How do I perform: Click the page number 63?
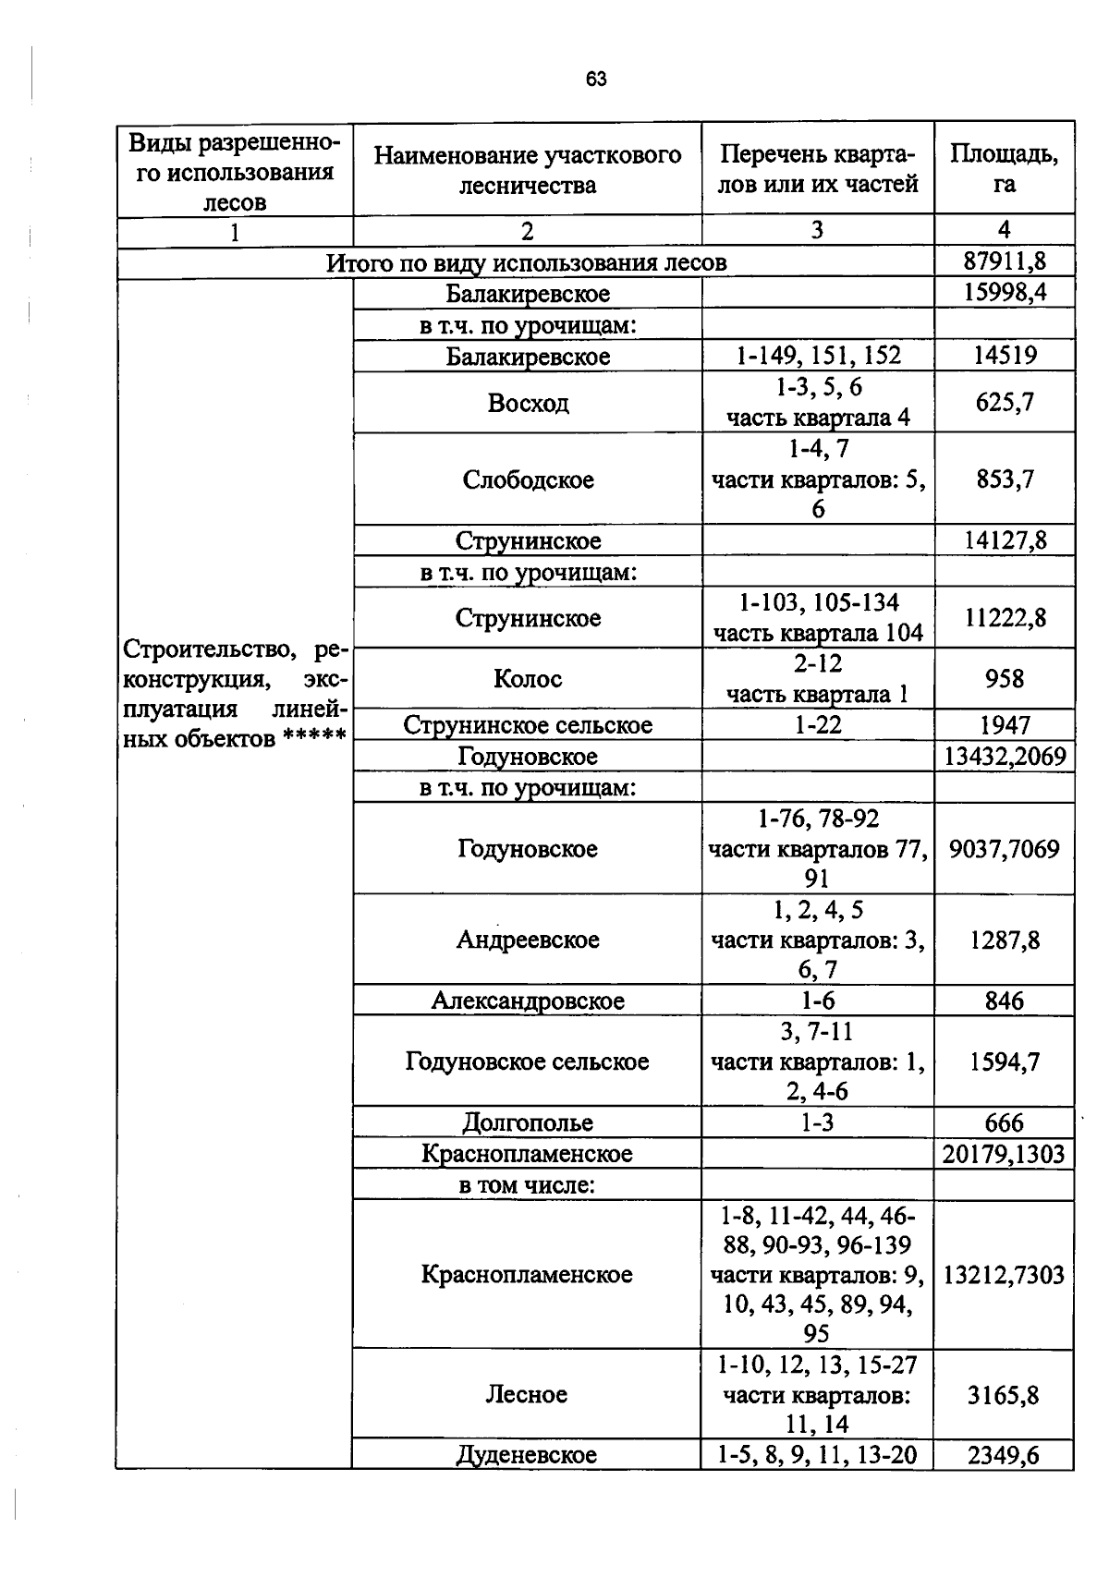pyautogui.click(x=596, y=79)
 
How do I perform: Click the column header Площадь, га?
pyautogui.click(x=1004, y=169)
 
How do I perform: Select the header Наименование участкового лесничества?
pyautogui.click(x=527, y=170)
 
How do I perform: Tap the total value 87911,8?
pyautogui.click(x=1005, y=262)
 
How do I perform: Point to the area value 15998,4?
pyautogui.click(x=1005, y=294)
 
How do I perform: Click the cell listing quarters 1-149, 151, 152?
pyautogui.click(x=818, y=356)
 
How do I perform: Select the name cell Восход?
pyautogui.click(x=528, y=403)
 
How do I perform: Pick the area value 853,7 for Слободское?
pyautogui.click(x=1005, y=479)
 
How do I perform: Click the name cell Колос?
pyautogui.click(x=528, y=679)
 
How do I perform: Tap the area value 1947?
pyautogui.click(x=1005, y=725)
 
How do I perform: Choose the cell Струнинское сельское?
pyautogui.click(x=528, y=725)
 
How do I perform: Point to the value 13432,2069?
pyautogui.click(x=1005, y=757)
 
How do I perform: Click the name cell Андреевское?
pyautogui.click(x=528, y=940)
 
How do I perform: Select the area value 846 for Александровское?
pyautogui.click(x=1005, y=1001)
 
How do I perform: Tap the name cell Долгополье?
pyautogui.click(x=528, y=1123)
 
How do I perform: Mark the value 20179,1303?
pyautogui.click(x=1005, y=1154)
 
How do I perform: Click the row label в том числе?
pyautogui.click(x=527, y=1184)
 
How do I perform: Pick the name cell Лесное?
pyautogui.click(x=527, y=1394)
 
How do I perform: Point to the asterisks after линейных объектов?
pyautogui.click(x=314, y=740)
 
